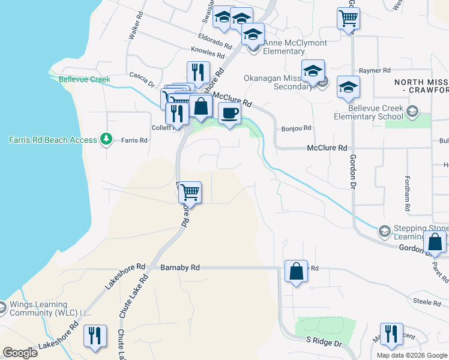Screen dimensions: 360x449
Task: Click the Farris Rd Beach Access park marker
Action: point(106,139)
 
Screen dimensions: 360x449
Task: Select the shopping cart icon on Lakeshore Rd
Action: point(190,193)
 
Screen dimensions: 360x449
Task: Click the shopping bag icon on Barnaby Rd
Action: point(297,271)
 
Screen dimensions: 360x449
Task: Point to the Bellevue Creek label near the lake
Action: point(84,79)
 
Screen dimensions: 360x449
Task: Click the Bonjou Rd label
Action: point(297,128)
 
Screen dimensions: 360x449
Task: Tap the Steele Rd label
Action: point(427,302)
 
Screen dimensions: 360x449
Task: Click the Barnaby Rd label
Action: point(179,268)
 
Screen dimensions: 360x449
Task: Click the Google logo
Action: point(20,353)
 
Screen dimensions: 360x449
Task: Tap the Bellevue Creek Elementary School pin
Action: point(412,111)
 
